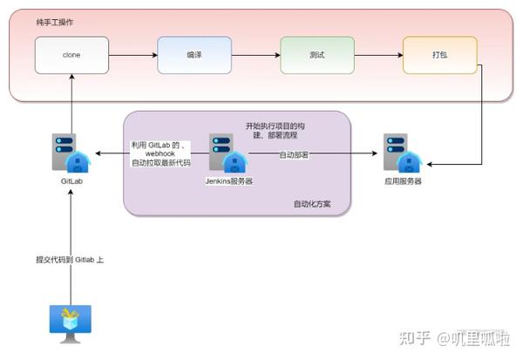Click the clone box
[x=71, y=55]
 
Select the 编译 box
[x=194, y=55]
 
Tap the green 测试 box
[x=317, y=55]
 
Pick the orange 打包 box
[x=440, y=55]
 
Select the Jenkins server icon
[x=229, y=154]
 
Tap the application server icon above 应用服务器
[x=402, y=154]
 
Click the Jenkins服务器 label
[x=228, y=181]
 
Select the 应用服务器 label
[x=402, y=181]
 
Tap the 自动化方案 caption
[x=312, y=205]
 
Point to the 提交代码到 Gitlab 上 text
[x=70, y=260]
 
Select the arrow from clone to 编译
[x=132, y=55]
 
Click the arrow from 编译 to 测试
[x=255, y=55]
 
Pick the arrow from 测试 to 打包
[x=378, y=55]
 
